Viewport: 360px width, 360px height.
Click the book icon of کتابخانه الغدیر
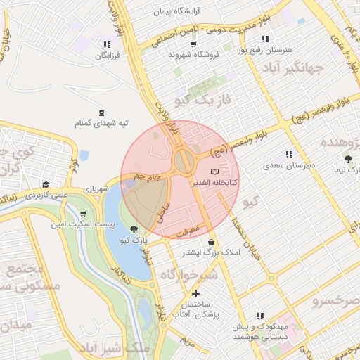point(215,172)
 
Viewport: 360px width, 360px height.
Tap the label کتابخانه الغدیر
point(215,182)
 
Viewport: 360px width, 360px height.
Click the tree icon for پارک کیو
point(134,229)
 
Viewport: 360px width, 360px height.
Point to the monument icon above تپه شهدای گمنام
point(102,112)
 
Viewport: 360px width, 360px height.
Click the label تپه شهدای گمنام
point(102,124)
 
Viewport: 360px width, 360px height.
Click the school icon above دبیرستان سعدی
point(288,155)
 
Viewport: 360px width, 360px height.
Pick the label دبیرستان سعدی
point(288,166)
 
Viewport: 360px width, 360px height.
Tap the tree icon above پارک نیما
point(347,159)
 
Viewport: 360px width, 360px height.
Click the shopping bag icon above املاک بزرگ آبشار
point(211,243)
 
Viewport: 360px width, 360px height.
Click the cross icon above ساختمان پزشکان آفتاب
point(195,293)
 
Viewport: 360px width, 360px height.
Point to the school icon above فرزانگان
point(107,43)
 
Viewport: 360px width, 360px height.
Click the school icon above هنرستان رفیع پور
point(264,39)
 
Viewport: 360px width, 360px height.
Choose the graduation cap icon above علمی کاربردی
point(46,184)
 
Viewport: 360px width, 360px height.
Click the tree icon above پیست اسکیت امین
point(83,214)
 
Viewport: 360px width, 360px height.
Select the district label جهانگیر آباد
point(290,68)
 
